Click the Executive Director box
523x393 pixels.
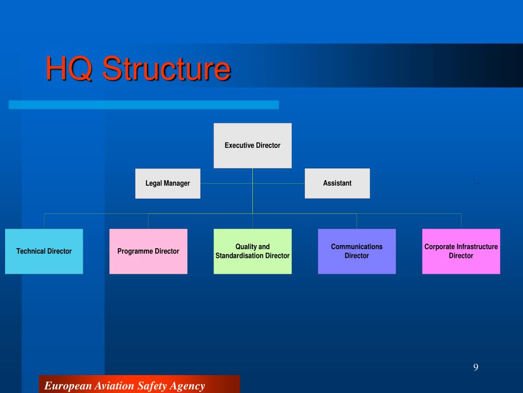click(252, 145)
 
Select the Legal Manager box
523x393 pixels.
click(168, 183)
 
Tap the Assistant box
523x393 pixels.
click(337, 183)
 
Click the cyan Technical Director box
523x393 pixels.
click(44, 251)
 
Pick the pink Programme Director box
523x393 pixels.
click(148, 251)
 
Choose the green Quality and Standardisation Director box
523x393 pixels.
click(252, 251)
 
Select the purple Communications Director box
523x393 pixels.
click(356, 251)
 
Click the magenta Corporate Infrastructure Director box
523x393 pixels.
click(461, 251)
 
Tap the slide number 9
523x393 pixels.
click(476, 367)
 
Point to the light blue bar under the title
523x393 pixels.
click(144, 104)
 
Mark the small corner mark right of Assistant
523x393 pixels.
click(477, 180)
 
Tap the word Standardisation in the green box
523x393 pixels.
click(239, 256)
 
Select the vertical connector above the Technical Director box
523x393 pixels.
click(44, 221)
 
